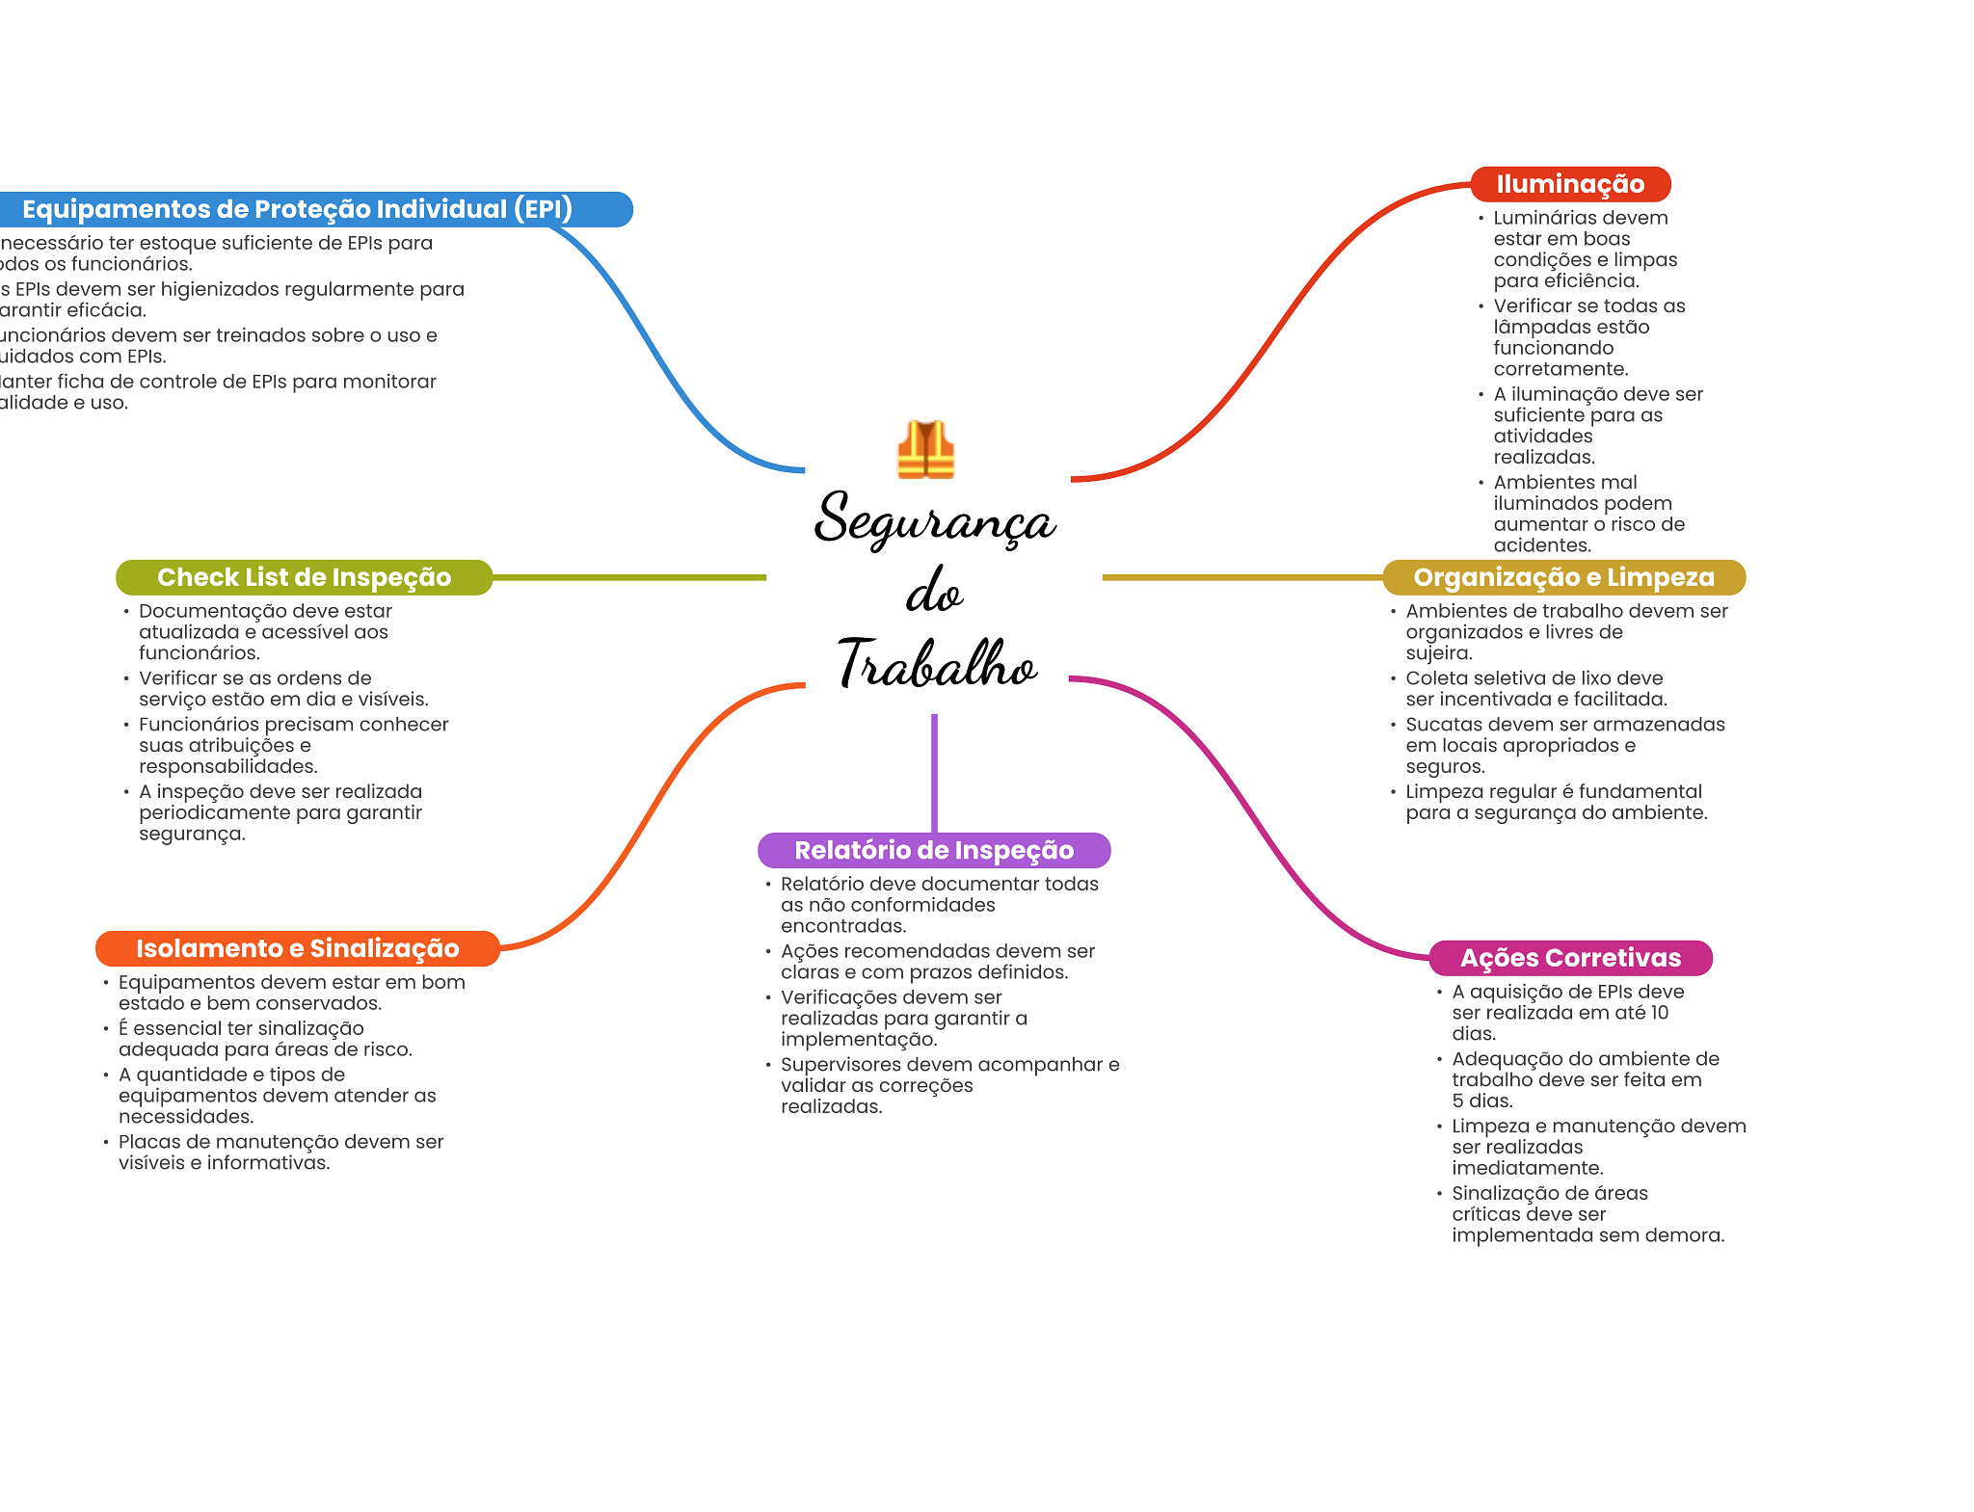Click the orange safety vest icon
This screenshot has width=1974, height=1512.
click(x=925, y=449)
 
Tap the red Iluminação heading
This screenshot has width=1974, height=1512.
click(x=1569, y=184)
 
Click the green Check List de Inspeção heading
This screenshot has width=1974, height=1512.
click(x=304, y=577)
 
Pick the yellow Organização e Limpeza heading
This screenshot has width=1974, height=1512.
click(x=1563, y=577)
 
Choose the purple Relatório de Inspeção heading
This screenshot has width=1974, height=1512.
click(x=933, y=850)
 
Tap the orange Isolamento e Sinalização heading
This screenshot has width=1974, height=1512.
click(x=297, y=948)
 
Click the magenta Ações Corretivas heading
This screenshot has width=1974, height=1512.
click(x=1570, y=958)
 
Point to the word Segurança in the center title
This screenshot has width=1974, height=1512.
click(x=934, y=520)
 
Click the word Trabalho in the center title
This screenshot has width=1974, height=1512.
click(x=936, y=664)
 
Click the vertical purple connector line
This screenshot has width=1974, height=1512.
click(x=934, y=771)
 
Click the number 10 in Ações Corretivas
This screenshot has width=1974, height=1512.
click(x=1659, y=1013)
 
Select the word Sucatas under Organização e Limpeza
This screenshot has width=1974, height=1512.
click(x=1444, y=725)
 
